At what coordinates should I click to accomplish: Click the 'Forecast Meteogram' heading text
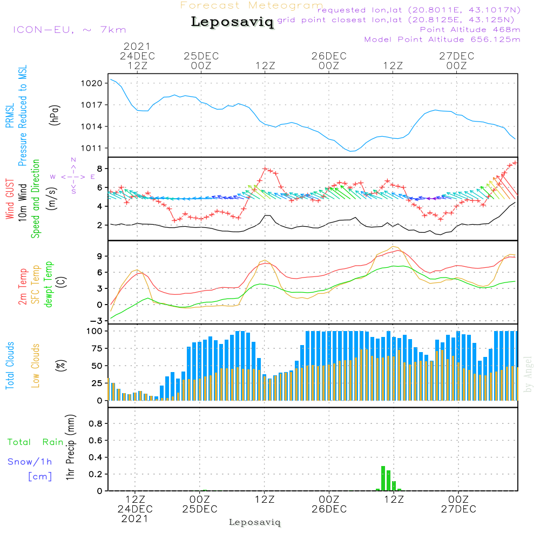coord(252,5)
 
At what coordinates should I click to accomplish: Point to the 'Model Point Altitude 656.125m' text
coord(442,39)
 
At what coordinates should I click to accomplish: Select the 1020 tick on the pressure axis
coord(92,83)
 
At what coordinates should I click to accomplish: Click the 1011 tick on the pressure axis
coord(92,148)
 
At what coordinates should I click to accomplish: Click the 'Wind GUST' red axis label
coord(10,195)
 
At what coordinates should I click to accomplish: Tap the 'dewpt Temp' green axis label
coord(49,285)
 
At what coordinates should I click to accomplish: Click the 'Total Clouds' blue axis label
coord(10,366)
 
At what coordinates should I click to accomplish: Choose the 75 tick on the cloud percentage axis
coord(95,348)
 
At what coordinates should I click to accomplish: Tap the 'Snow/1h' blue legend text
coord(30,462)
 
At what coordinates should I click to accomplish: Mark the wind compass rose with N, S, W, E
coord(73,176)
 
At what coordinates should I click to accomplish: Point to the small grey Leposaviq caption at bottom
coord(255,522)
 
